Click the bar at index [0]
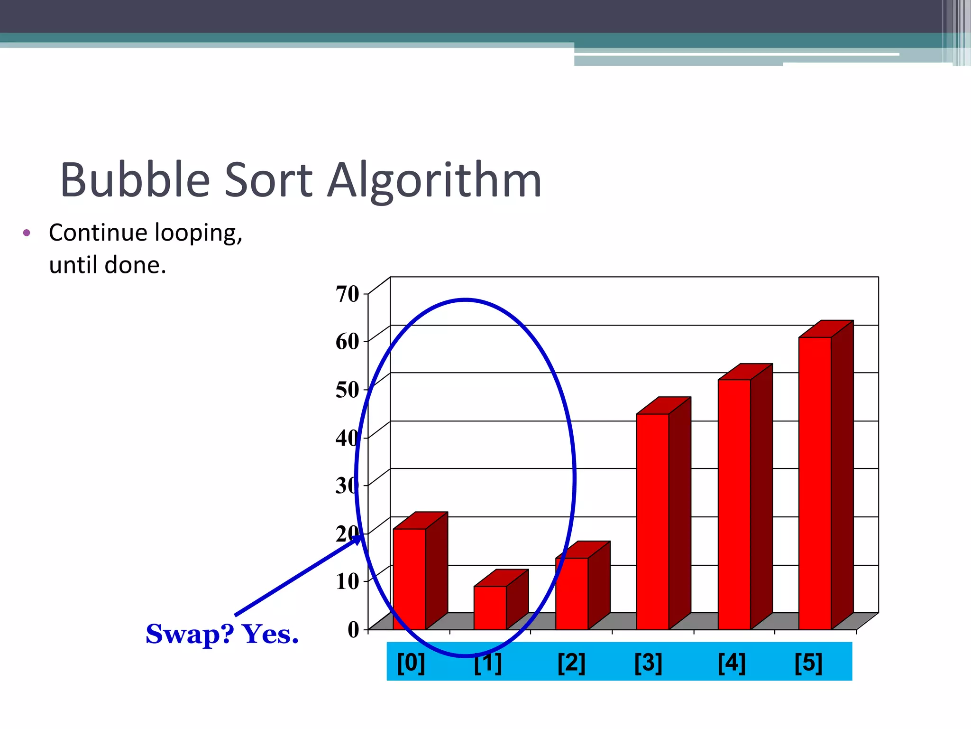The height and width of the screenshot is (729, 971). click(409, 579)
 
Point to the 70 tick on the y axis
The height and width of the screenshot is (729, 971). click(348, 294)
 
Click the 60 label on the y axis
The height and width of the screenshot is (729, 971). click(348, 341)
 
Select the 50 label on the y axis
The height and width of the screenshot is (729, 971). click(348, 390)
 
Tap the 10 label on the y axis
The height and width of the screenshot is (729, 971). click(348, 581)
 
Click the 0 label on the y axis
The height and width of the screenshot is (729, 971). click(354, 630)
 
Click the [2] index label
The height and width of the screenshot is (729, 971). click(571, 663)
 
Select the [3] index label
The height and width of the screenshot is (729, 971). click(648, 663)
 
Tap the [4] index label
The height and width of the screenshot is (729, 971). click(732, 663)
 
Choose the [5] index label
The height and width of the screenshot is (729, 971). click(808, 663)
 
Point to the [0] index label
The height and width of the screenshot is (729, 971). click(411, 663)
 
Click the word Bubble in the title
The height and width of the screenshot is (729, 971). click(135, 180)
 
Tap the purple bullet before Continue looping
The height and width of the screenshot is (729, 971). click(27, 233)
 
